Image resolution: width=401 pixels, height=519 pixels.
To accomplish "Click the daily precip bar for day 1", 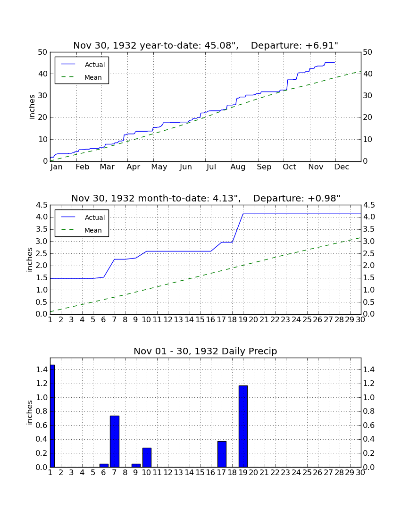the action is click(x=52, y=416).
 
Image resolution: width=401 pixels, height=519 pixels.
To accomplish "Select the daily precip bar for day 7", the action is click(x=115, y=441).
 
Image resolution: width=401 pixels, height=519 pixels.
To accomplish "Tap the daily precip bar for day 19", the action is click(x=243, y=427).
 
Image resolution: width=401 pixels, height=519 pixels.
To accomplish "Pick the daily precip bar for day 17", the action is click(x=222, y=454).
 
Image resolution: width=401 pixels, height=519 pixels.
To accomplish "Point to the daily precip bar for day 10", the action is click(x=147, y=458).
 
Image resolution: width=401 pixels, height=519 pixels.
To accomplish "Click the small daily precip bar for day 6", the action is click(x=104, y=465).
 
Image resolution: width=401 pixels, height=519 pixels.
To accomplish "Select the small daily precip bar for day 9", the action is click(x=136, y=465).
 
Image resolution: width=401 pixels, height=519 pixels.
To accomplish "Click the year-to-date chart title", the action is click(x=206, y=45).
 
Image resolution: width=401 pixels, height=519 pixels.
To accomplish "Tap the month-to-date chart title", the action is click(x=206, y=198).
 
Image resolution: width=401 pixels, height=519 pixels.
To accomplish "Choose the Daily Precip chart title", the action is click(x=205, y=351).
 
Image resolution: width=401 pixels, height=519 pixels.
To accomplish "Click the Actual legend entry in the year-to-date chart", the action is click(x=82, y=65).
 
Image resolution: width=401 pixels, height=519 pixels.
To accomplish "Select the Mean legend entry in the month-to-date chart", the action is click(x=82, y=230).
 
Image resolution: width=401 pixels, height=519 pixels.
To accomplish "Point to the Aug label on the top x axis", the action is click(x=238, y=167).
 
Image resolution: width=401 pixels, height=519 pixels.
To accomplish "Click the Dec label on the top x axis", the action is click(x=342, y=167).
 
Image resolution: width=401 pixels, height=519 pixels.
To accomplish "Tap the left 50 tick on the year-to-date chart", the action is click(x=43, y=52).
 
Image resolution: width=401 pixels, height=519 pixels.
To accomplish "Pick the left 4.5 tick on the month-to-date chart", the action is click(x=42, y=205).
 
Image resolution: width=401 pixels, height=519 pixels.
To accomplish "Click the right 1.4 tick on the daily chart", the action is click(x=369, y=370).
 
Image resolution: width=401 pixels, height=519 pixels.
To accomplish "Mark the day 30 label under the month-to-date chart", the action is click(x=360, y=320).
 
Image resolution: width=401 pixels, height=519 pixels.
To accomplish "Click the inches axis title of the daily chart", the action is click(x=30, y=412).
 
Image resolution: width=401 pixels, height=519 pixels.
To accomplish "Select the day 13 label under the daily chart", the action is click(x=179, y=473).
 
